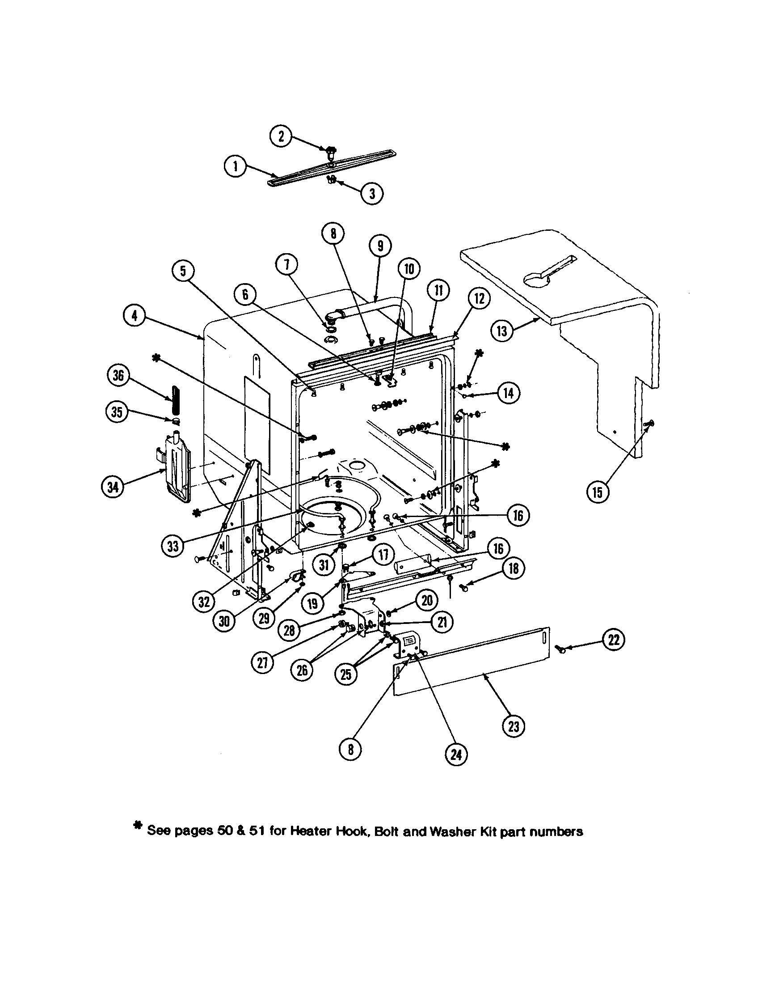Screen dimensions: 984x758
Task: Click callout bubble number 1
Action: coord(235,167)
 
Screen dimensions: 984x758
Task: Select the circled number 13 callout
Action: coord(501,331)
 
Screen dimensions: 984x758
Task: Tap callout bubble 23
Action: coord(513,726)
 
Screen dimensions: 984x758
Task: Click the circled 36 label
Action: coord(118,375)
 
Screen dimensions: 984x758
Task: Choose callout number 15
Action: coord(597,492)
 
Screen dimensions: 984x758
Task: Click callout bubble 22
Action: coord(614,640)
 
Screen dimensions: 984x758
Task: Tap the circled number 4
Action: coord(134,316)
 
